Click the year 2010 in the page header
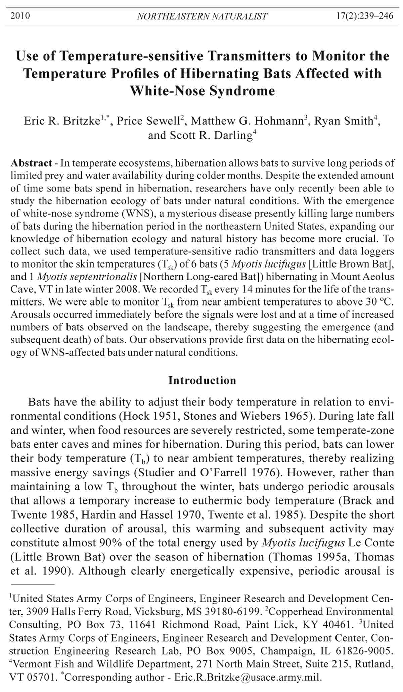pyautogui.click(x=20, y=16)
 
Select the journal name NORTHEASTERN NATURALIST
pyautogui.click(x=202, y=16)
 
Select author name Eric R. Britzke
pyautogui.click(x=62, y=121)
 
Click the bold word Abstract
pyautogui.click(x=31, y=163)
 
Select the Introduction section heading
pyautogui.click(x=202, y=380)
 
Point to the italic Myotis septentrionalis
pyautogui.click(x=87, y=277)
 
